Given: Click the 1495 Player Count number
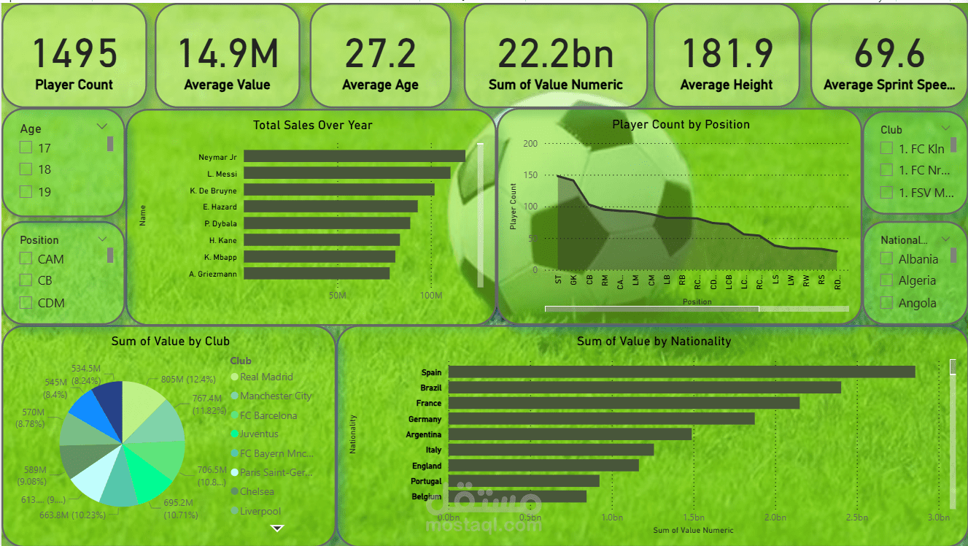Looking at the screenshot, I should (x=74, y=53).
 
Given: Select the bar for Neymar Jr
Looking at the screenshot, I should (x=354, y=156).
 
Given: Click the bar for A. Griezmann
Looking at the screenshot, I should (x=316, y=274).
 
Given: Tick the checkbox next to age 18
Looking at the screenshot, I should (x=26, y=169).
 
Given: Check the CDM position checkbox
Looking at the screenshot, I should (x=26, y=303).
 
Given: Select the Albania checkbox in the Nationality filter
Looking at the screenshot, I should (x=887, y=259).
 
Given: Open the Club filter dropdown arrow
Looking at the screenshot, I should (x=945, y=128).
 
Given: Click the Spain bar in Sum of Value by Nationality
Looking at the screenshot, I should (x=681, y=372).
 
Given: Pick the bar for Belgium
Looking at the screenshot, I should (x=517, y=496).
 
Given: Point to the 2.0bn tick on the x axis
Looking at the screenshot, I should (x=775, y=518).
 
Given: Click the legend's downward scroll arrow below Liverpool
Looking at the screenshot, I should (x=276, y=528).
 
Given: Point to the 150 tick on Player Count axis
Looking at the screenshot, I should (x=530, y=175).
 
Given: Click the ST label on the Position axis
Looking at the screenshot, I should (x=558, y=280).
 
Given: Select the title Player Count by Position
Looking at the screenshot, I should (x=681, y=125).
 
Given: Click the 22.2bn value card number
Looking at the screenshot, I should (x=555, y=53).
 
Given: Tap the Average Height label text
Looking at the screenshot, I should (x=726, y=85).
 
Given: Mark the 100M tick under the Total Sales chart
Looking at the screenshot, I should (x=431, y=296).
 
